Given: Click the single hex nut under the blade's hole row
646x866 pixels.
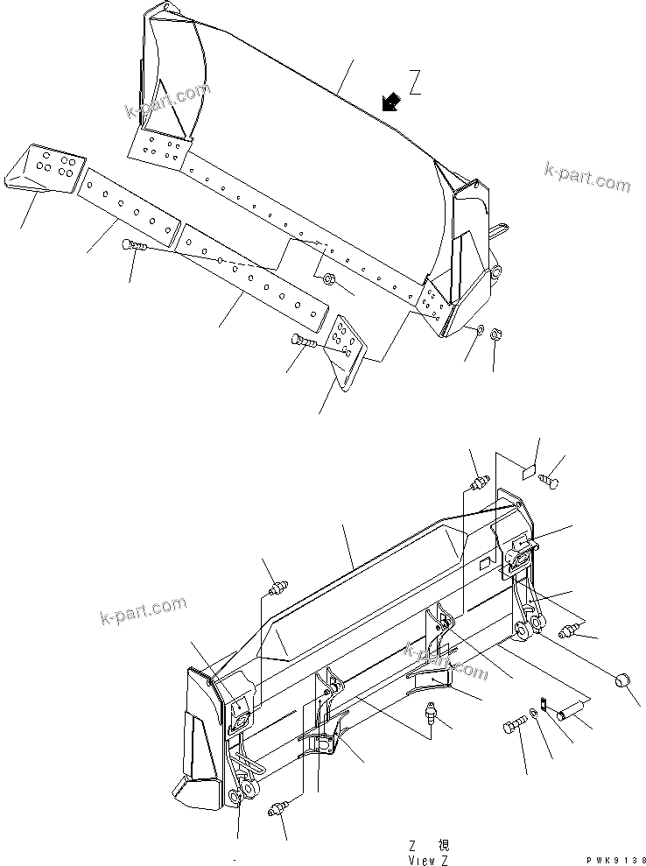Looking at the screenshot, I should pos(329,279).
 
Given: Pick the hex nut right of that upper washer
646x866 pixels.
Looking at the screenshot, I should pos(495,334).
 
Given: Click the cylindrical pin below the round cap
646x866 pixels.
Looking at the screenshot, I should pos(574,708).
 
